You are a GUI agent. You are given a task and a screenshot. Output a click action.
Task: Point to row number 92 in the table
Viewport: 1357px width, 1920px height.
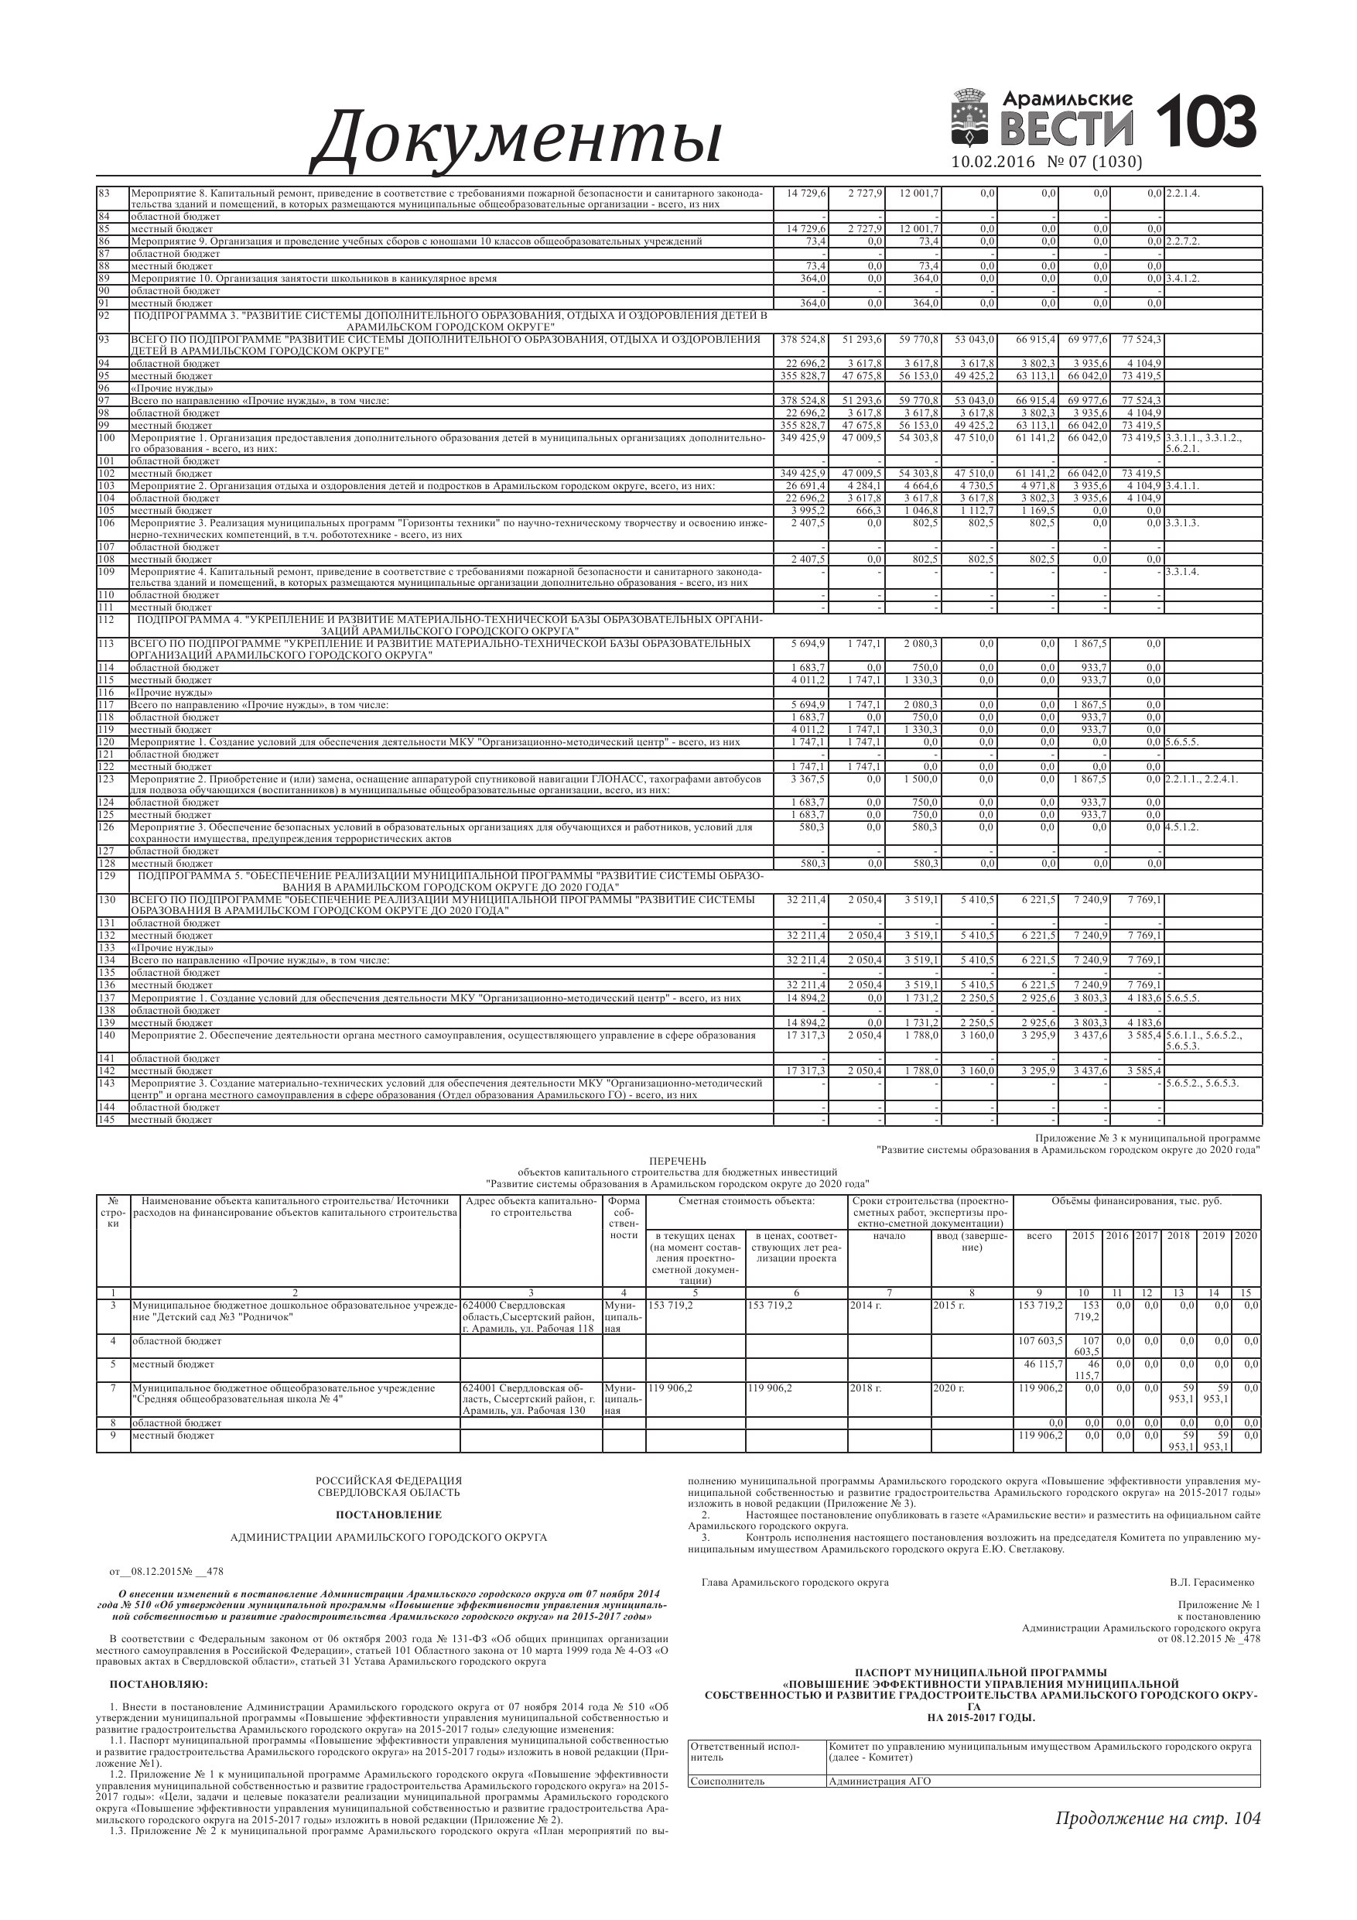coord(105,316)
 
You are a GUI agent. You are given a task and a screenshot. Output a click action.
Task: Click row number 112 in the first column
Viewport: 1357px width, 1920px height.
coord(106,620)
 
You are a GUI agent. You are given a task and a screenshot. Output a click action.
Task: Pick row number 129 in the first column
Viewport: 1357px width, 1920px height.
coord(106,875)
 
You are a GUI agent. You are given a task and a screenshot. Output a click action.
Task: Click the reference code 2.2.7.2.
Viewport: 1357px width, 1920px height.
coord(1183,241)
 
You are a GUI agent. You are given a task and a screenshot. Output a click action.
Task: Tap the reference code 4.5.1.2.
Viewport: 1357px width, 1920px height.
coord(1182,827)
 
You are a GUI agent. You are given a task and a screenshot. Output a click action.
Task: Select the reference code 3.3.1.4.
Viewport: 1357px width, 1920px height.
coord(1182,572)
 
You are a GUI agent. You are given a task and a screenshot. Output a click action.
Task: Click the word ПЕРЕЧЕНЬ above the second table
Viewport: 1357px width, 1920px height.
coord(677,1162)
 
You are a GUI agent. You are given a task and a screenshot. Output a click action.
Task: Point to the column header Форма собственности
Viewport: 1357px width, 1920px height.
coord(624,1218)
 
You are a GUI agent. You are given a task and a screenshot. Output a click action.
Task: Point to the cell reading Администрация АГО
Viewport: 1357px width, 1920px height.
coord(879,1781)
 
